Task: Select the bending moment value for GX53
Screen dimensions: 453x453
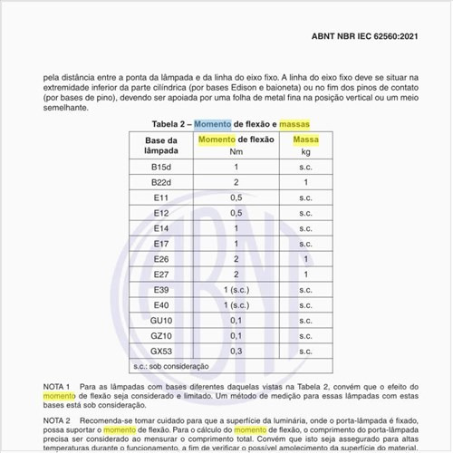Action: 236,351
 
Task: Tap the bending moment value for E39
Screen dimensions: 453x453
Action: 236,290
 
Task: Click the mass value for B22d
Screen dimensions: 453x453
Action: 306,182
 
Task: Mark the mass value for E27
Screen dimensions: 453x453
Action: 306,275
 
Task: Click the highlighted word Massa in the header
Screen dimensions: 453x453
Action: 306,140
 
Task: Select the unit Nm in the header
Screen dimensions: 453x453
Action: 236,151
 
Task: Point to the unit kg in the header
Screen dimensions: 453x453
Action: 306,151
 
